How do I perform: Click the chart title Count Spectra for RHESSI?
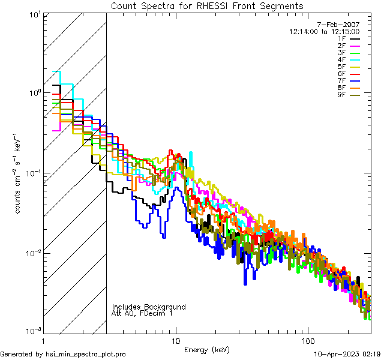pyautogui.click(x=207, y=5)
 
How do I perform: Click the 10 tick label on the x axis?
pyautogui.click(x=175, y=340)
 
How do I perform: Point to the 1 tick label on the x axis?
pyautogui.click(x=44, y=340)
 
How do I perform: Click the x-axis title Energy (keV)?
pyautogui.click(x=207, y=349)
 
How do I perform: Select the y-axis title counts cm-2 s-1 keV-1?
pyautogui.click(x=20, y=173)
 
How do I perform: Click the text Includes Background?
pyautogui.click(x=149, y=307)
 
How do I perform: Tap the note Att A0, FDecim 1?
pyautogui.click(x=142, y=313)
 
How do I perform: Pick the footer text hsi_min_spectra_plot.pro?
pyautogui.click(x=86, y=354)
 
